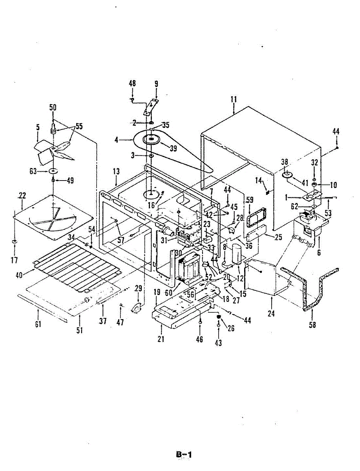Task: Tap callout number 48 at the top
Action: click(132, 84)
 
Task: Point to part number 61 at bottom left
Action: click(38, 325)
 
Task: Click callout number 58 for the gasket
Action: click(312, 325)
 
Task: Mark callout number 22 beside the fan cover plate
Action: click(22, 196)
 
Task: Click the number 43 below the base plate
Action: click(218, 343)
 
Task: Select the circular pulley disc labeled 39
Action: click(151, 140)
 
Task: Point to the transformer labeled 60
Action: click(188, 271)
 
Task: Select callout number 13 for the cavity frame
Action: click(116, 172)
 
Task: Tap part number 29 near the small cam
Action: click(138, 289)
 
